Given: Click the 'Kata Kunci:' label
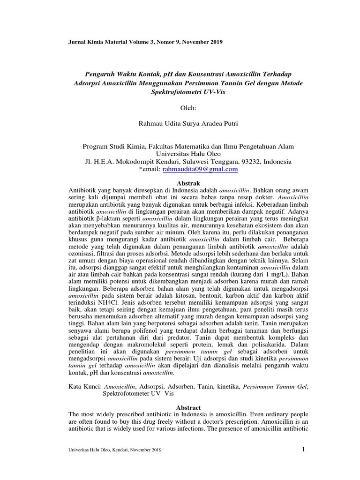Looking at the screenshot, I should pos(85,387).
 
